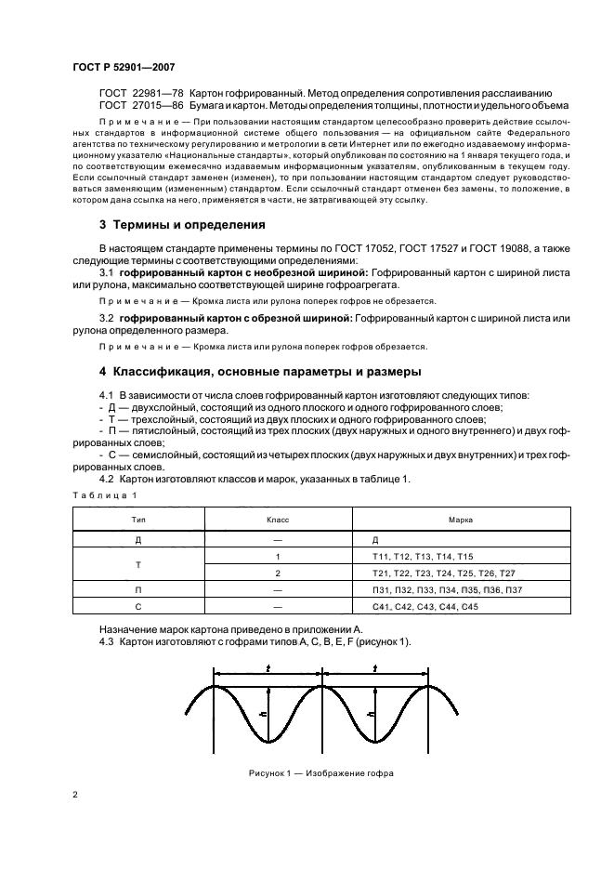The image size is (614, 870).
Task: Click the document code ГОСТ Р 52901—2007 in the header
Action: tap(124, 68)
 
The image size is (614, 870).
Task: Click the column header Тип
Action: tap(137, 522)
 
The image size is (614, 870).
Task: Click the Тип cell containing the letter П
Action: tap(137, 589)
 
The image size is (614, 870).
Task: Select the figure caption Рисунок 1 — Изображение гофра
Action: tap(321, 772)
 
